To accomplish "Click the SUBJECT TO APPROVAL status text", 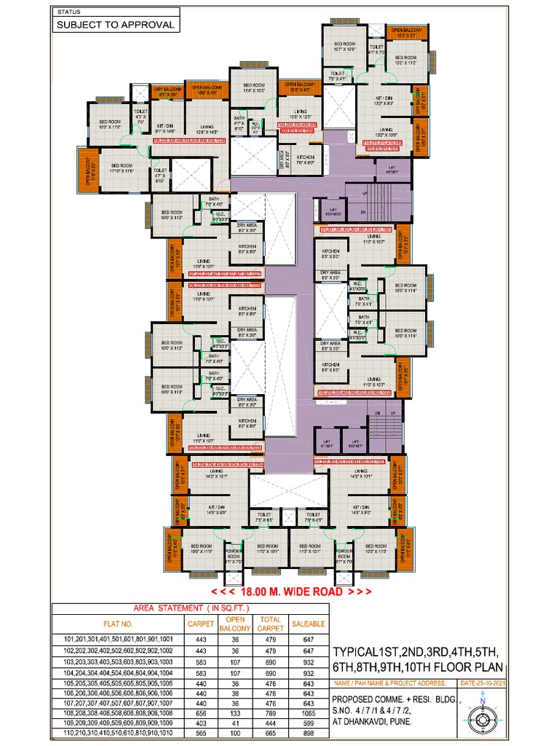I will coord(116,24).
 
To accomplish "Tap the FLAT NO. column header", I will coord(118,624).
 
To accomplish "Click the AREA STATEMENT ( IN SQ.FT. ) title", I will coord(191,607).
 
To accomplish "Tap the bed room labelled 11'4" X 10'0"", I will coord(254,88).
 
